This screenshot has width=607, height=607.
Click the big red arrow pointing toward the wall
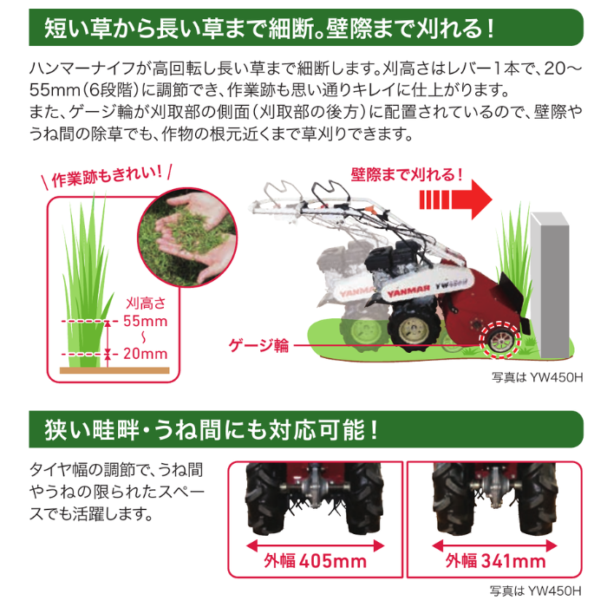458,200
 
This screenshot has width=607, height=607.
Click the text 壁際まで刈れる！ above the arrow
407,175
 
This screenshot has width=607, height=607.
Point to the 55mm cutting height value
146,321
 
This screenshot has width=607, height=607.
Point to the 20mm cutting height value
146,354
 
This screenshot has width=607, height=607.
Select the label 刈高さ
146,303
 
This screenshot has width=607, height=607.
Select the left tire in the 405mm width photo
264,503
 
